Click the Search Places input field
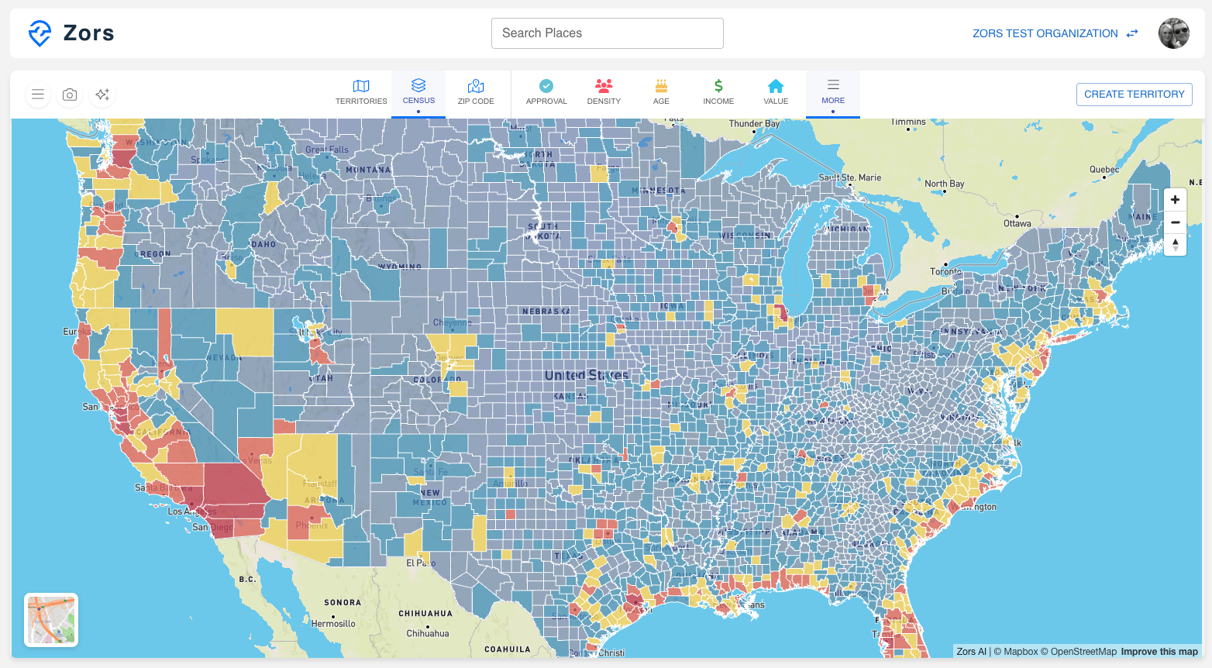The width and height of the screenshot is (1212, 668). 607,33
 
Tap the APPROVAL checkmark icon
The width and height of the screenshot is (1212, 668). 546,86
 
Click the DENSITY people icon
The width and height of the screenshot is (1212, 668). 604,86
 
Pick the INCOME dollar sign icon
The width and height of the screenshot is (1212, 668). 718,86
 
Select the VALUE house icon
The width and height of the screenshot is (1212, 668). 776,86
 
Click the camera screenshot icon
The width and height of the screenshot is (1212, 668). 70,95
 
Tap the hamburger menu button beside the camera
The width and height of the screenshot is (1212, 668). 37,95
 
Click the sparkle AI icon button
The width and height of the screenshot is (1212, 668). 102,95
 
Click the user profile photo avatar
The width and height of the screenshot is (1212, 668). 1173,33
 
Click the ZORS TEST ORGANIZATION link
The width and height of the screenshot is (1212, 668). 1045,33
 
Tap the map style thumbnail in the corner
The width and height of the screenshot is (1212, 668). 51,620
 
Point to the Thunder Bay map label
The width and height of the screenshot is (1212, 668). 753,124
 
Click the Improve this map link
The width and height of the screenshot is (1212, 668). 1159,652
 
